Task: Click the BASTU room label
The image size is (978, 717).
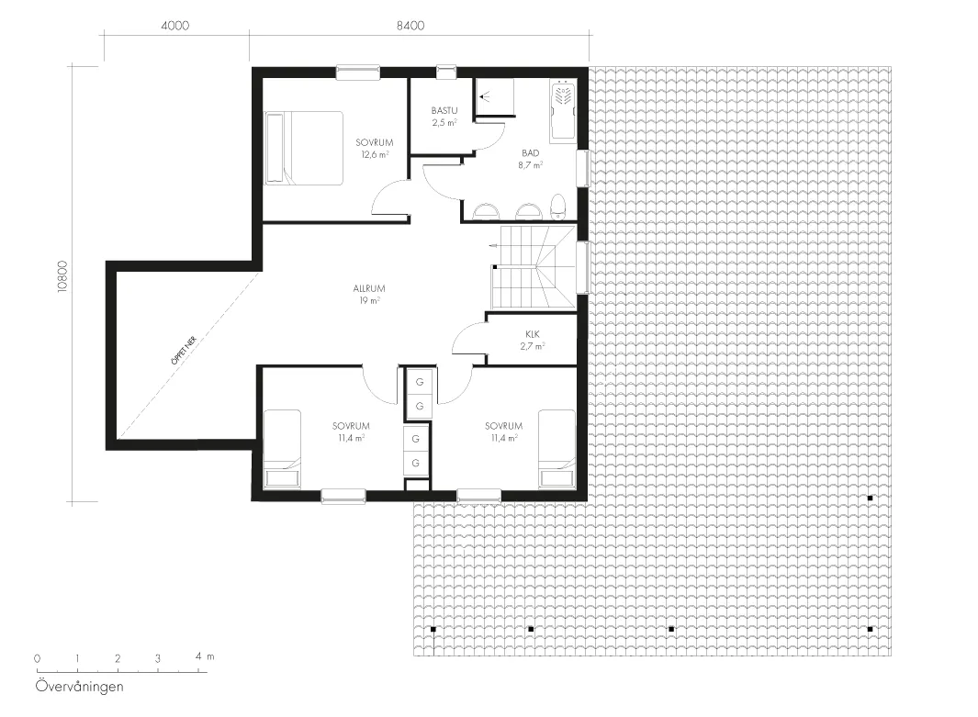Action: click(444, 111)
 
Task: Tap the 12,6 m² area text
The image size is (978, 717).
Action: click(375, 154)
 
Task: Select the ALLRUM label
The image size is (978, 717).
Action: click(369, 288)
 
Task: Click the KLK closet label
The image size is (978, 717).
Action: click(532, 334)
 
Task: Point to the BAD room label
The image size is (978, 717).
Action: click(531, 152)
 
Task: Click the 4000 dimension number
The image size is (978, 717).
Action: click(175, 26)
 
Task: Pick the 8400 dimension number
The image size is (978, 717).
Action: click(410, 26)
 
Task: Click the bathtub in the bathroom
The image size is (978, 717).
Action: click(563, 110)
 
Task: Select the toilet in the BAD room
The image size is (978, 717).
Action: click(558, 207)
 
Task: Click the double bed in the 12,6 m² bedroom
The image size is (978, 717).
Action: click(304, 149)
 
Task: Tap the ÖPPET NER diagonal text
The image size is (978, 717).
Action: click(184, 350)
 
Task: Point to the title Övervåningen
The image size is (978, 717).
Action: click(80, 687)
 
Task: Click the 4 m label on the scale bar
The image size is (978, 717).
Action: click(205, 656)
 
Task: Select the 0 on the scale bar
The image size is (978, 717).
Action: click(38, 658)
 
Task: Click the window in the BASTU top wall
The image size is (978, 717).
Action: click(446, 73)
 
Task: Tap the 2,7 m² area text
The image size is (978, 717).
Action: click(532, 346)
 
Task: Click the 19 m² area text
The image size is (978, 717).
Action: click(369, 300)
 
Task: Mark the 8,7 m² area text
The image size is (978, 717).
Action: click(530, 165)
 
